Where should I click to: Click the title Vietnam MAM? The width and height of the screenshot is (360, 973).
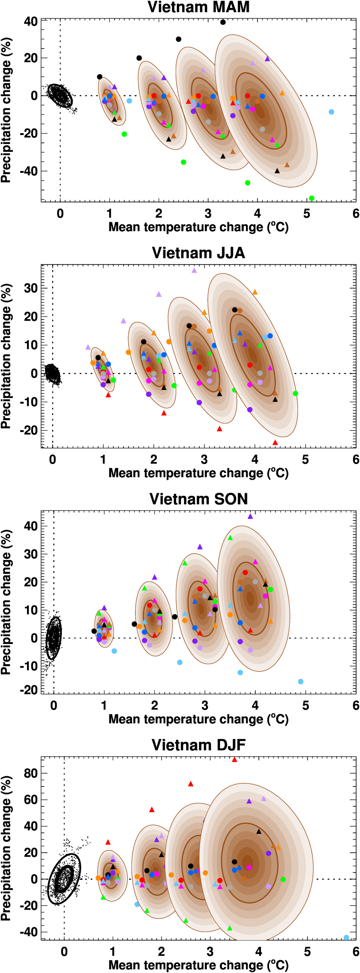pos(198,7)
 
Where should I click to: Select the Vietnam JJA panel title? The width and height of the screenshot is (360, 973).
pos(198,253)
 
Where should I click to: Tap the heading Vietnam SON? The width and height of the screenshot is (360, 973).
pos(198,499)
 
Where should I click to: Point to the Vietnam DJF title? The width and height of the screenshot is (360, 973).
pos(198,744)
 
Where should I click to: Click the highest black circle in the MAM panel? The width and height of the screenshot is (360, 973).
pos(223,22)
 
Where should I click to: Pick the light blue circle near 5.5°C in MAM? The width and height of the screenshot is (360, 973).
pos(331,112)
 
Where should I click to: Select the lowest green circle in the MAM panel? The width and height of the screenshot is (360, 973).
pos(312,198)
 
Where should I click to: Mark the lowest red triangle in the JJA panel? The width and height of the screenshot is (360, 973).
pos(275,442)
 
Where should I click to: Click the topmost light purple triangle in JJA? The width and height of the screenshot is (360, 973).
pos(194,270)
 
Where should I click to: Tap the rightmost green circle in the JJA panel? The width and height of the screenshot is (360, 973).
pos(296,393)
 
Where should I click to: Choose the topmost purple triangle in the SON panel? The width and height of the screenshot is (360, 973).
pos(250,516)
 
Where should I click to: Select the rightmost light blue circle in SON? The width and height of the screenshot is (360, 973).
pos(301,681)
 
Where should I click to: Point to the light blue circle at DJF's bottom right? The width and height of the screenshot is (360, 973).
pos(346,937)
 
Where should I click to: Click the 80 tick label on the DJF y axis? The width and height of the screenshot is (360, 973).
pos(31,773)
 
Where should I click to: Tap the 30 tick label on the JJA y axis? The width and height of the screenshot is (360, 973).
pos(31,288)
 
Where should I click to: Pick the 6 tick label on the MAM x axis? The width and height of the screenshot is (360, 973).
pos(355,214)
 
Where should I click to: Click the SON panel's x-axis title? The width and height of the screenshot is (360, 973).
pos(198,719)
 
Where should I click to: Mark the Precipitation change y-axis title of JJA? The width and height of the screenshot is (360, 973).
pos(6,356)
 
